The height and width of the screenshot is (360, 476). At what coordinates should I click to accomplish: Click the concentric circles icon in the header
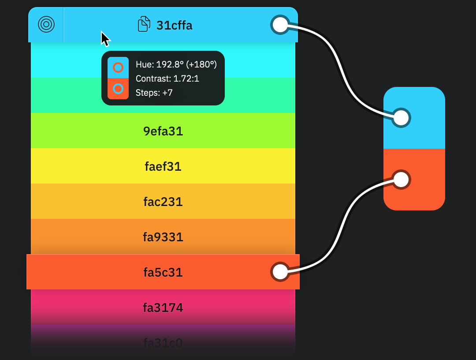[x=46, y=24]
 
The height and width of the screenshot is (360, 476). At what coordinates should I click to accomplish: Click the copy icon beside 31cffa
[x=144, y=24]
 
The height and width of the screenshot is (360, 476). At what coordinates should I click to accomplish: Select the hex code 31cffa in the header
[x=175, y=25]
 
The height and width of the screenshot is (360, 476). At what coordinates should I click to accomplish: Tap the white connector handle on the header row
[x=280, y=25]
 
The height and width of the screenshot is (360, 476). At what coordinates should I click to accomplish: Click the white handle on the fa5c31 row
[x=280, y=272]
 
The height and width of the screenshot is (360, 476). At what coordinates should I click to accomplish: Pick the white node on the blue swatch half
[x=401, y=118]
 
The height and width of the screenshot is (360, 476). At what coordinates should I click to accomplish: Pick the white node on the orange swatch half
[x=401, y=180]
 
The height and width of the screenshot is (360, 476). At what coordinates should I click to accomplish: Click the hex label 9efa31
[x=163, y=131]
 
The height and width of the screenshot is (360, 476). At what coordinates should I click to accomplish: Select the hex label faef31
[x=163, y=166]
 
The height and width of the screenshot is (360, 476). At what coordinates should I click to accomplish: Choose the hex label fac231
[x=163, y=202]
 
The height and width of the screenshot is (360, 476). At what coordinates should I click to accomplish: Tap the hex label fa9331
[x=163, y=237]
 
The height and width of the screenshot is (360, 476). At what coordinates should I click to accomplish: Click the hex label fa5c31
[x=163, y=272]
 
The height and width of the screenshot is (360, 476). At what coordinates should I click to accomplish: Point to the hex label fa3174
[x=163, y=307]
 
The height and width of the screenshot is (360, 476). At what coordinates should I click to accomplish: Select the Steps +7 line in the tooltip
[x=154, y=93]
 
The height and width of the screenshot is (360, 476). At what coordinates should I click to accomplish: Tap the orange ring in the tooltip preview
[x=118, y=67]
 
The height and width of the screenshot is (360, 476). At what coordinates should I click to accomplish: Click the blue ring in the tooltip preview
[x=118, y=89]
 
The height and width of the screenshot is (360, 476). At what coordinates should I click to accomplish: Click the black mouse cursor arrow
[x=104, y=38]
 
